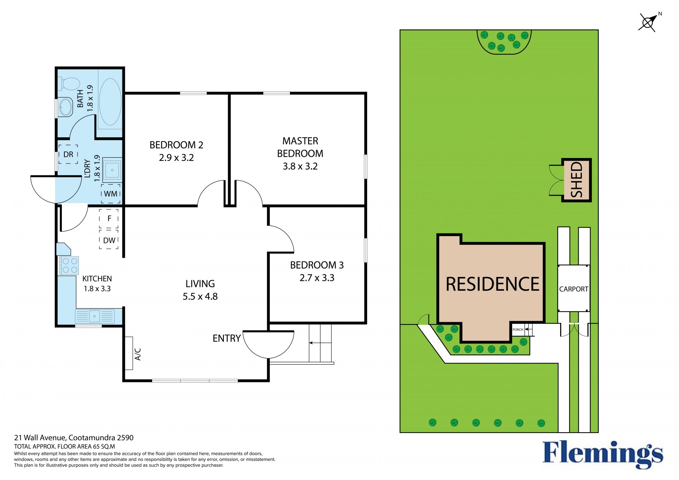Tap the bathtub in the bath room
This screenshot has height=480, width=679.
pyautogui.click(x=110, y=102)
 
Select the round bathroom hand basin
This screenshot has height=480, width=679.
pyautogui.click(x=65, y=107)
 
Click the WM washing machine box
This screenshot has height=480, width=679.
pyautogui.click(x=111, y=194)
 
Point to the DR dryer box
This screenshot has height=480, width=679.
pyautogui.click(x=68, y=154)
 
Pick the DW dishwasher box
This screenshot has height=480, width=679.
pyautogui.click(x=109, y=240)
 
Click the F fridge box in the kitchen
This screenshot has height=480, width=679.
pyautogui.click(x=109, y=219)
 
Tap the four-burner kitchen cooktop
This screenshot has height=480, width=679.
pyautogui.click(x=69, y=266)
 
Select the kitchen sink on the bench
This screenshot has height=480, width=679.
pyautogui.click(x=95, y=316)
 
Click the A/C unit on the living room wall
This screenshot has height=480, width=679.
pyautogui.click(x=129, y=353)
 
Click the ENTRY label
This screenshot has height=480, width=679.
pyautogui.click(x=227, y=339)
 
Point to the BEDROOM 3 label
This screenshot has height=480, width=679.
pyautogui.click(x=317, y=265)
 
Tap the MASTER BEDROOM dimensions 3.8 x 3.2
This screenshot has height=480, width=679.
pyautogui.click(x=300, y=166)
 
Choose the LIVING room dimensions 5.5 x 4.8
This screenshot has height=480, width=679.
pyautogui.click(x=200, y=296)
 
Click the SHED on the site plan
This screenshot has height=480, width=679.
pyautogui.click(x=576, y=180)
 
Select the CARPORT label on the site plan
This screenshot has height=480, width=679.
pyautogui.click(x=574, y=289)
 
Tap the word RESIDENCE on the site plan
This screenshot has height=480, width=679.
pyautogui.click(x=493, y=284)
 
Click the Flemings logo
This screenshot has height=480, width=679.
pyautogui.click(x=603, y=454)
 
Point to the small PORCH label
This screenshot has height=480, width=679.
pyautogui.click(x=518, y=330)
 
